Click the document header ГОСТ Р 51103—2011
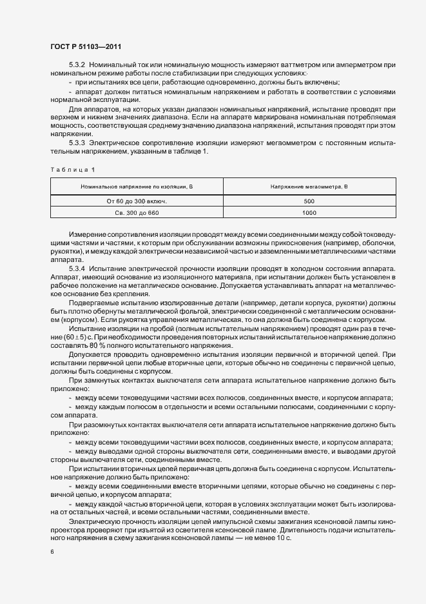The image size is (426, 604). click(85, 47)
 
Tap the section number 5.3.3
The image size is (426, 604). click(77, 141)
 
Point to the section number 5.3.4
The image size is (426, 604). click(77, 267)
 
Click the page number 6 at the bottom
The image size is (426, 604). click(52, 552)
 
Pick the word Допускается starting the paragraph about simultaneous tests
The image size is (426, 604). click(88, 354)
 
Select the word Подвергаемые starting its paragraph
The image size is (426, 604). click(93, 302)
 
